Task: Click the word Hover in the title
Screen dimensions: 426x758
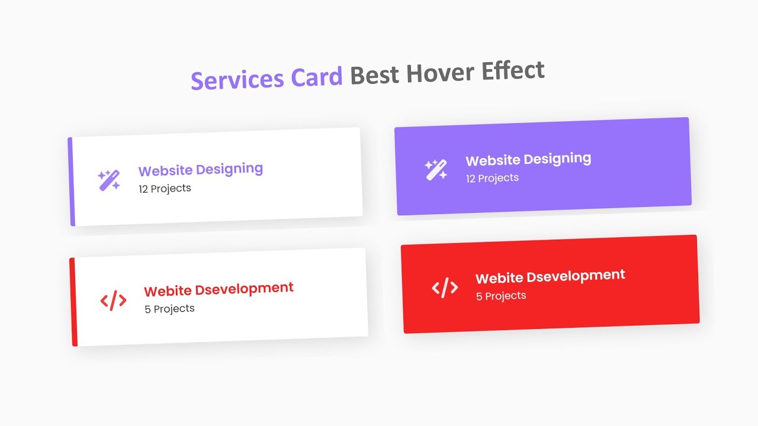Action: (x=438, y=73)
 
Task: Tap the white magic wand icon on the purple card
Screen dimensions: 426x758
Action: (x=436, y=170)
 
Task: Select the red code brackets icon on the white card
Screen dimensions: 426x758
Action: (x=113, y=301)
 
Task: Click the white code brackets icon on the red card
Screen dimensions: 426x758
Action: (x=445, y=288)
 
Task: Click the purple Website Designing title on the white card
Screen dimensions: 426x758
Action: (x=201, y=170)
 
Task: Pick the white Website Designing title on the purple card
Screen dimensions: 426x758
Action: (x=528, y=159)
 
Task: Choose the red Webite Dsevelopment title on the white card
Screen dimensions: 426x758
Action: (x=219, y=289)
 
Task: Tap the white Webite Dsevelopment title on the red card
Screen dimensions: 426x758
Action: (x=550, y=276)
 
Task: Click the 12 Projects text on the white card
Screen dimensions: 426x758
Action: (x=165, y=189)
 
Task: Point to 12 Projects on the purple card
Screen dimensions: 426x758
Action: (x=492, y=178)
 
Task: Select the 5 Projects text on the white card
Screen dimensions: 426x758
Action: (x=169, y=309)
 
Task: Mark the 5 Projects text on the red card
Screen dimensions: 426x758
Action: (x=501, y=296)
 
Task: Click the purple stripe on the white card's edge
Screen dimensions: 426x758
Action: (x=71, y=182)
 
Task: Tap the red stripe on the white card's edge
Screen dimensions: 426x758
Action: (x=73, y=302)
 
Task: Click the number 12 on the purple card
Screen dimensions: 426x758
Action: (x=471, y=179)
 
